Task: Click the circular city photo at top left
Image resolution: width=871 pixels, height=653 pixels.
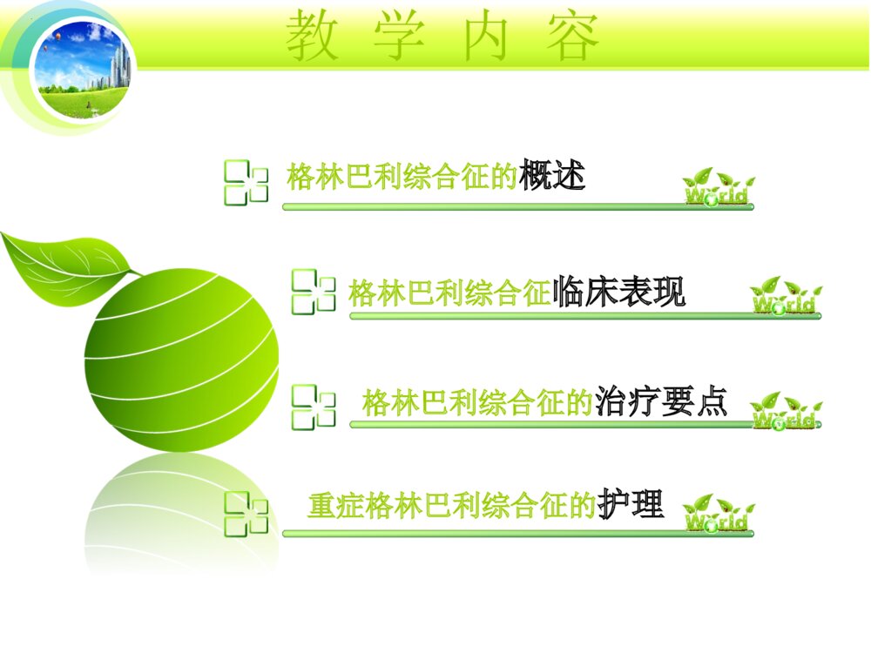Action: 83,68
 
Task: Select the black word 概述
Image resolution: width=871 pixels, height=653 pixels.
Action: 551,177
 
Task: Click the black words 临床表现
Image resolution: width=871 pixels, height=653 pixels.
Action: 619,293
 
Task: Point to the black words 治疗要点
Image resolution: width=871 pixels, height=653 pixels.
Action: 661,402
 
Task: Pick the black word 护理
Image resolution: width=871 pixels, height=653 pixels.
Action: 631,504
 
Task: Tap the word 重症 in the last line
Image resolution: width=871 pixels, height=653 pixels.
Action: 336,506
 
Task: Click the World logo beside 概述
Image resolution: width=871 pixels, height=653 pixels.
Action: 718,187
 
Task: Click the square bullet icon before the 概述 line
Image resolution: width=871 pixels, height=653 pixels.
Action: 246,182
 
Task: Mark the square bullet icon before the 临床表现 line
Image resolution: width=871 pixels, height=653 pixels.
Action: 313,291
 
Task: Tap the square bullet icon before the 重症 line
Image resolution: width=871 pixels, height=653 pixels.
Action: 246,513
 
